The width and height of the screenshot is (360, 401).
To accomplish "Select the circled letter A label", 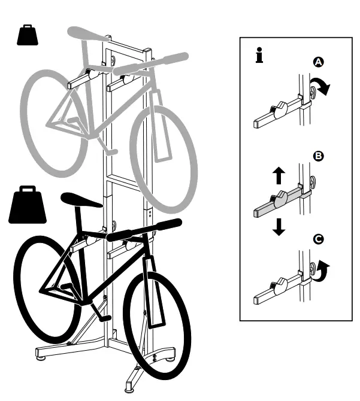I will point(318,62).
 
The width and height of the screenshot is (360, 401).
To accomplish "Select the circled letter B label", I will point(318,157).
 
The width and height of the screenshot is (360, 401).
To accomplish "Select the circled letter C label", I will point(318,239).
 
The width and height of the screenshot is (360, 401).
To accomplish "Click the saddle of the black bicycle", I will point(81,199).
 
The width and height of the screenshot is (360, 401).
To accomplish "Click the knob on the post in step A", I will point(314,91).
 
